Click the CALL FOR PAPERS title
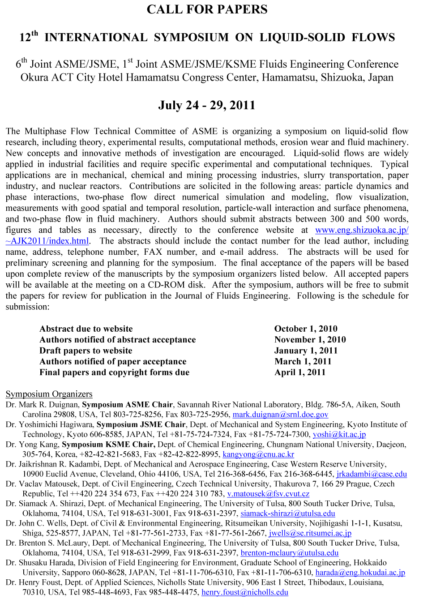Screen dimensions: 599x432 pyautogui.click(x=207, y=9)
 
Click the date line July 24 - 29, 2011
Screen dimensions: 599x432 pyautogui.click(x=206, y=105)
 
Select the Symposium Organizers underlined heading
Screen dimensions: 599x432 pyautogui.click(x=49, y=394)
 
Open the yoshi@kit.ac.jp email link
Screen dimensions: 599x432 pyautogui.click(x=339, y=434)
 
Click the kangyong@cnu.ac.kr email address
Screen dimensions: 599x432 pyautogui.click(x=258, y=454)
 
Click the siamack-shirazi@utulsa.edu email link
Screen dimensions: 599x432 pyautogui.click(x=287, y=513)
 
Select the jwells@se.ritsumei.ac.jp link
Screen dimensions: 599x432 pyautogui.click(x=310, y=533)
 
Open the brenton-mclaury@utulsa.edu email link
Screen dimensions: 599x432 pyautogui.click(x=289, y=553)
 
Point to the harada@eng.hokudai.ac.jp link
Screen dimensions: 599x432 pyautogui.click(x=360, y=573)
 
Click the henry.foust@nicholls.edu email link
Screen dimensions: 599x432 pyautogui.click(x=244, y=592)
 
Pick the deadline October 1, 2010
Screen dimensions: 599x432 pyautogui.click(x=306, y=329)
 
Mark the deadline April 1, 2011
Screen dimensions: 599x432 pyautogui.click(x=299, y=372)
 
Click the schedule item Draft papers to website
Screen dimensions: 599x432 pyautogui.click(x=86, y=351)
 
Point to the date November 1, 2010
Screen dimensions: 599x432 pyautogui.click(x=310, y=340)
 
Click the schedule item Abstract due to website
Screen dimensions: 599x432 pyautogui.click(x=86, y=329)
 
